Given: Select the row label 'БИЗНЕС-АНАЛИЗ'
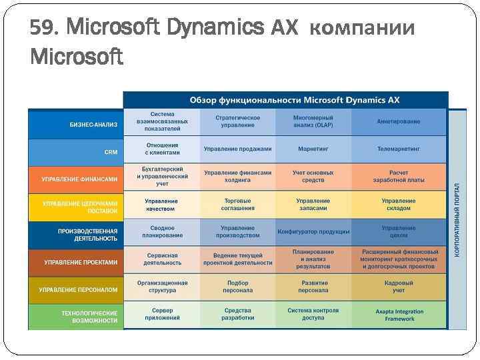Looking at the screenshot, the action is [93, 124].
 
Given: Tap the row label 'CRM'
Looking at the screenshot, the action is [111, 152].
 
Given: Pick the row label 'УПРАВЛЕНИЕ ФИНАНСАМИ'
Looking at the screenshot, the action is [79, 179].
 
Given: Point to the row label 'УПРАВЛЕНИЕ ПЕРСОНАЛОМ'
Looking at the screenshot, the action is [78, 290].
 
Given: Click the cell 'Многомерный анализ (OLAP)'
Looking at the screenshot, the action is [313, 121].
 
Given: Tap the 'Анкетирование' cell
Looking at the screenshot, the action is [398, 122].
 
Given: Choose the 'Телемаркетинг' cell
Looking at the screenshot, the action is [398, 149].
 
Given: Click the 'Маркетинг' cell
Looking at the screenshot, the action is [313, 149].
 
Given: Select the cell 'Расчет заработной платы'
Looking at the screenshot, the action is [398, 176].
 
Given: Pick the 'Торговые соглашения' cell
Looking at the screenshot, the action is [238, 204].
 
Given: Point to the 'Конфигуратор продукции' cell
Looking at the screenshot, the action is [313, 232].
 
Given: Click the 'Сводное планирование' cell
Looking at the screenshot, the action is [162, 231].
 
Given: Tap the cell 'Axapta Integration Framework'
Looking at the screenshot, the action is [399, 315].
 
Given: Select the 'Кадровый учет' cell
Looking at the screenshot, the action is [398, 287].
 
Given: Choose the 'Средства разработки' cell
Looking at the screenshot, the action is [238, 314].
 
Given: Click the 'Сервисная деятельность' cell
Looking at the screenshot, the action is [162, 259].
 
